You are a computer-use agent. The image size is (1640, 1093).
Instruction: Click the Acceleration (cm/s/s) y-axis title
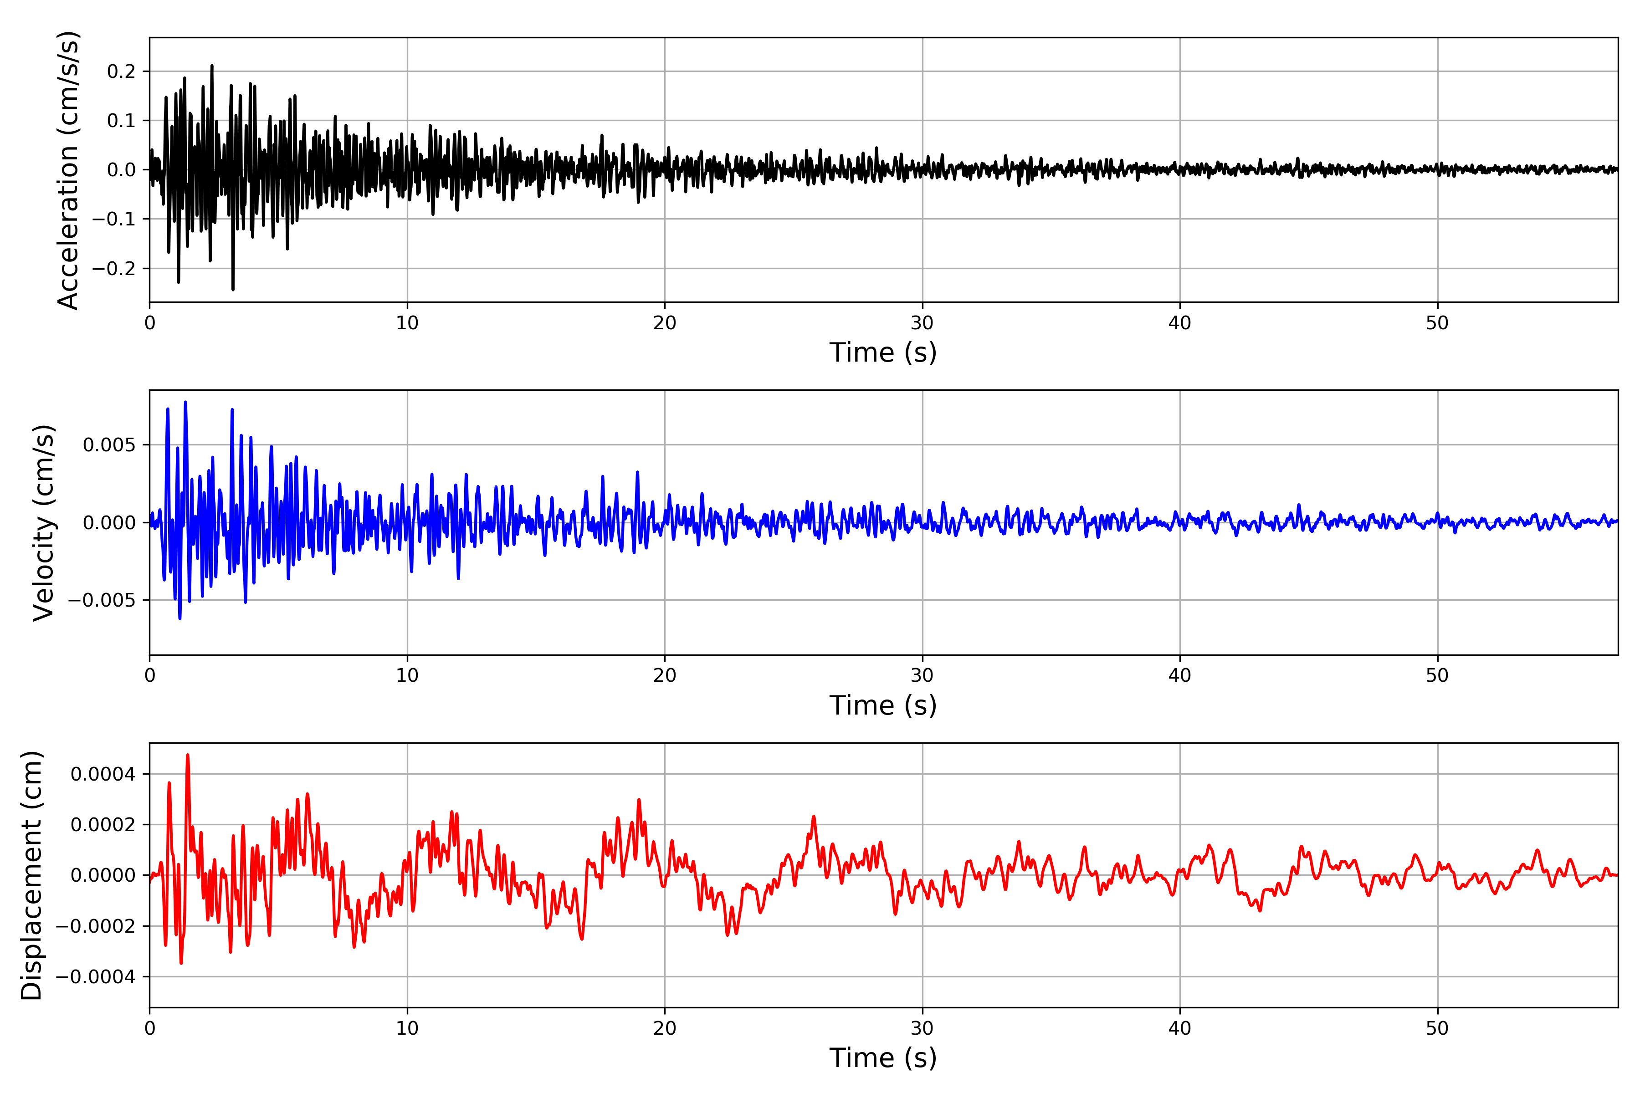pos(68,170)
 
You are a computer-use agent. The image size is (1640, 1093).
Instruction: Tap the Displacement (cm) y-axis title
pos(32,875)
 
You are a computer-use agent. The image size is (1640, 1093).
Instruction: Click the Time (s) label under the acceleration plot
pos(883,352)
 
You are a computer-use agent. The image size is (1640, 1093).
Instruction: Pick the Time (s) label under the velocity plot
pos(883,705)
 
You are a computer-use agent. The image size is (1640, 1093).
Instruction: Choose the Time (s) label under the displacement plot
pos(883,1058)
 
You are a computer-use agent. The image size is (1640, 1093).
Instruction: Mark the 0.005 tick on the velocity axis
pos(109,445)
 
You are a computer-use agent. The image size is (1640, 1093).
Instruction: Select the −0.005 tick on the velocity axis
pos(102,600)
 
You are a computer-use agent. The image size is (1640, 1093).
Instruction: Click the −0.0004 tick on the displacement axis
pos(96,976)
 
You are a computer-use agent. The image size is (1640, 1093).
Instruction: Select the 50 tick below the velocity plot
pos(1437,675)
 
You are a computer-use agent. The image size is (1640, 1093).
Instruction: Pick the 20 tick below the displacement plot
pos(665,1028)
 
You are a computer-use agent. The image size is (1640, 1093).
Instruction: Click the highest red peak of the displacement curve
pos(188,755)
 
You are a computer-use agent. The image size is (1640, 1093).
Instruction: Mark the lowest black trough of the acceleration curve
pos(233,289)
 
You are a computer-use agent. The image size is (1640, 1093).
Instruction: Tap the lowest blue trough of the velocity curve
pos(180,618)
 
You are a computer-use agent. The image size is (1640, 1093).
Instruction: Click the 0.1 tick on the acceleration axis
pos(121,121)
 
